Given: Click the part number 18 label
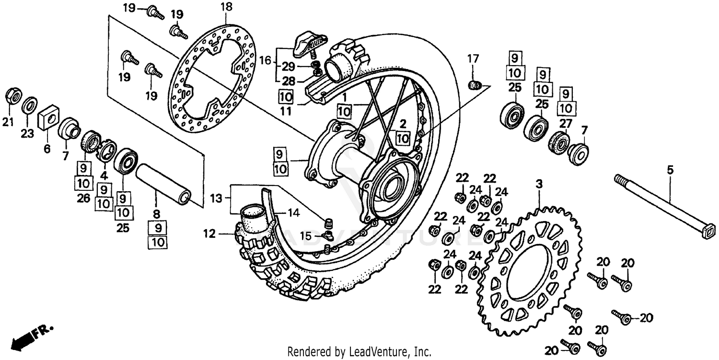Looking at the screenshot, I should pos(227,7).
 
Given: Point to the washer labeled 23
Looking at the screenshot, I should pos(30,104).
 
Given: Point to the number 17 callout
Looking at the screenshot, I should pos(473,59).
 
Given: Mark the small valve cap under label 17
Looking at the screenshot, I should pos(474,85).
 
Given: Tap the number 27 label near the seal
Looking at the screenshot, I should pos(566,123).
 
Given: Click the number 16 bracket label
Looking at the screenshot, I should pos(265,61).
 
